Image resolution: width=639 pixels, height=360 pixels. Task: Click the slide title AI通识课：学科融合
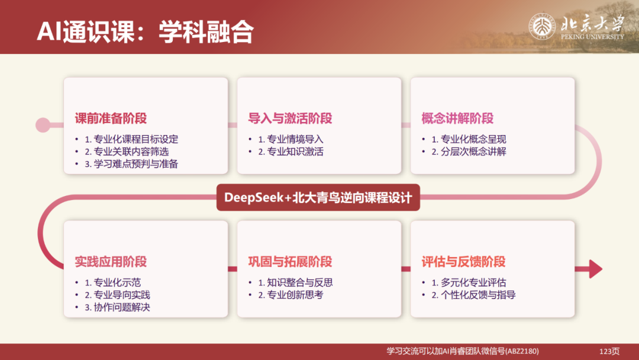(145, 33)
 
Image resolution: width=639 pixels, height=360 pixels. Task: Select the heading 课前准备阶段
(111, 118)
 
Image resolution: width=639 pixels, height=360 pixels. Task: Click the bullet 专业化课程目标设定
(131, 140)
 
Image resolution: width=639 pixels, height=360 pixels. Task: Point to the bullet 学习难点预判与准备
(131, 164)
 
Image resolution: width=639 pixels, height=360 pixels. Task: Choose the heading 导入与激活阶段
(290, 118)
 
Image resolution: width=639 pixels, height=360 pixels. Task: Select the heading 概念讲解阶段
(457, 118)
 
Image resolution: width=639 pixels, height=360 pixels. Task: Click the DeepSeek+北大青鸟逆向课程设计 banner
(318, 197)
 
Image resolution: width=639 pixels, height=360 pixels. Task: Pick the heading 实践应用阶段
(111, 261)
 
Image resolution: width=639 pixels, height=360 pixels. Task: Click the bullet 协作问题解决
(117, 307)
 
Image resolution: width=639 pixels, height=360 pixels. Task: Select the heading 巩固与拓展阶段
(290, 261)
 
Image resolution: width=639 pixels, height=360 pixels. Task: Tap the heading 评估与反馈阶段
(463, 261)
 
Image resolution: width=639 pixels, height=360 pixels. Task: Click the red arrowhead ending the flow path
(594, 269)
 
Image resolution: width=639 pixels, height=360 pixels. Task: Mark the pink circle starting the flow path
(43, 125)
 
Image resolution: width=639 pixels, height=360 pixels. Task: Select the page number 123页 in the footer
(609, 351)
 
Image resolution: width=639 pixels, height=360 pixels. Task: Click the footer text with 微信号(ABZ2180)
(463, 351)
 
